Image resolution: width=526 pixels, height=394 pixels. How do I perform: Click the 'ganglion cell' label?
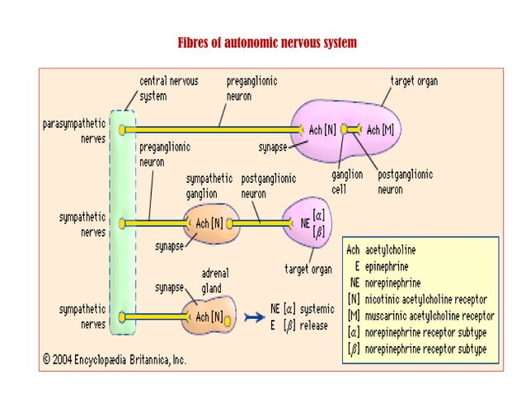(347, 181)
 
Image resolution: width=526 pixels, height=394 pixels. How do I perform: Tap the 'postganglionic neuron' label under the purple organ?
(405, 181)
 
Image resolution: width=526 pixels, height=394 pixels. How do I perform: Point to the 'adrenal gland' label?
(215, 280)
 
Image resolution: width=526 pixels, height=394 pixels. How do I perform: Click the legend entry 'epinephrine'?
(387, 266)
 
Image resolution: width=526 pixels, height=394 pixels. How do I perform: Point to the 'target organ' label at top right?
(414, 82)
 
